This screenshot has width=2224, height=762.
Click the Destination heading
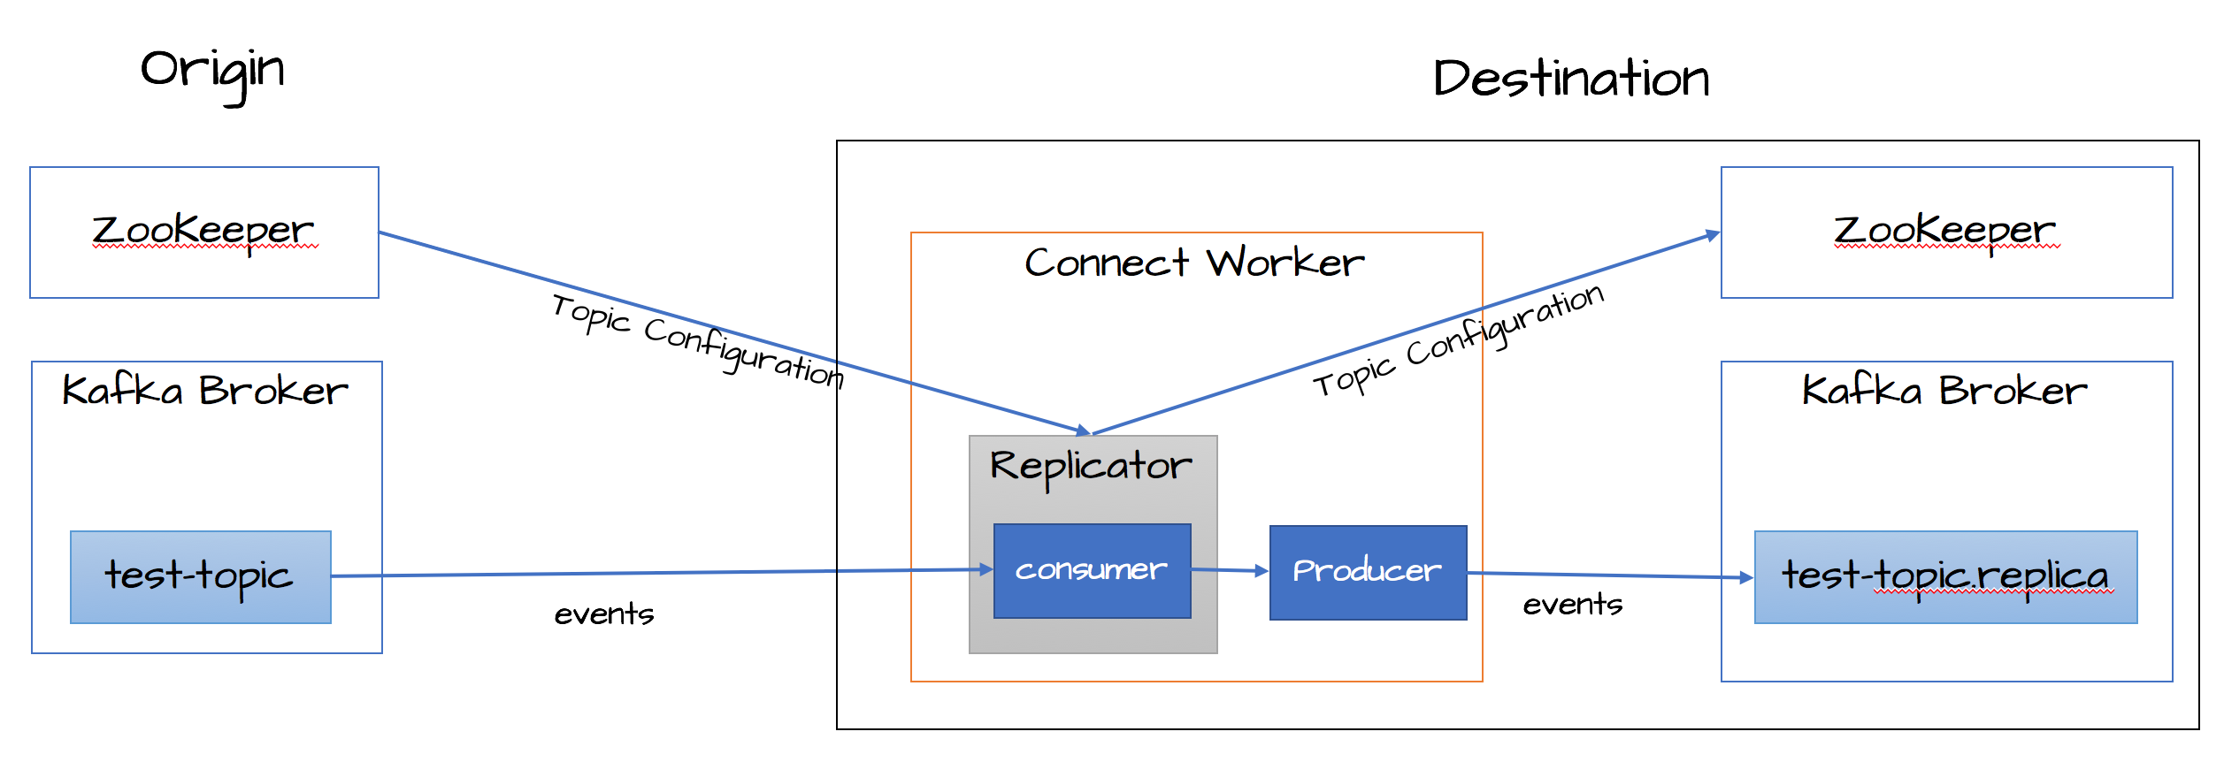point(1571,79)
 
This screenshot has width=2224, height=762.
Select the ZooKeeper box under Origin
point(204,232)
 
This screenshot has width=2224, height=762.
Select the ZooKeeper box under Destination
point(1946,232)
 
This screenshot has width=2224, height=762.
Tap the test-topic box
point(201,577)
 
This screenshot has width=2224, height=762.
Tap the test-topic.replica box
point(1945,577)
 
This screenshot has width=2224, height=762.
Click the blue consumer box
point(1092,571)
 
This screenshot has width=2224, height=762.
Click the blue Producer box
point(1368,573)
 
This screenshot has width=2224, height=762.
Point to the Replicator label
point(1091,467)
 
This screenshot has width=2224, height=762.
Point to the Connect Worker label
point(1194,263)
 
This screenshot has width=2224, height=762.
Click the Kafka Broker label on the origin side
point(205,391)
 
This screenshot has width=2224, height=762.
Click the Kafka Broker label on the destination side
point(1944,391)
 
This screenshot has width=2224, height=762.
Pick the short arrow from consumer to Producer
point(1230,571)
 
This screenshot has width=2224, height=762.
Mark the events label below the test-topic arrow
point(604,614)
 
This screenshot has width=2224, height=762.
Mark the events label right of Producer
point(1573,605)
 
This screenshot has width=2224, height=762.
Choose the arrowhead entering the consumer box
point(986,570)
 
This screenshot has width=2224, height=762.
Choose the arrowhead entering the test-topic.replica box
point(1746,578)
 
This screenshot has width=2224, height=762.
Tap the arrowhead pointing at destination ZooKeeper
point(1713,235)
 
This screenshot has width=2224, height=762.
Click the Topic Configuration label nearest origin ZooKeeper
point(697,341)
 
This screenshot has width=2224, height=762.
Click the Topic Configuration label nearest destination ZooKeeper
point(1458,341)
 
